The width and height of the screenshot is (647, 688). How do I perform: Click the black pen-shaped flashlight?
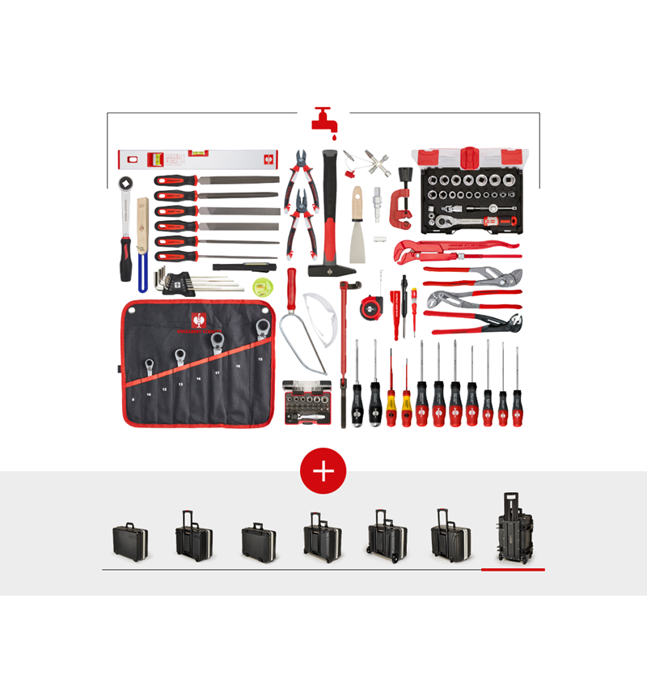coord(244,265)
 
